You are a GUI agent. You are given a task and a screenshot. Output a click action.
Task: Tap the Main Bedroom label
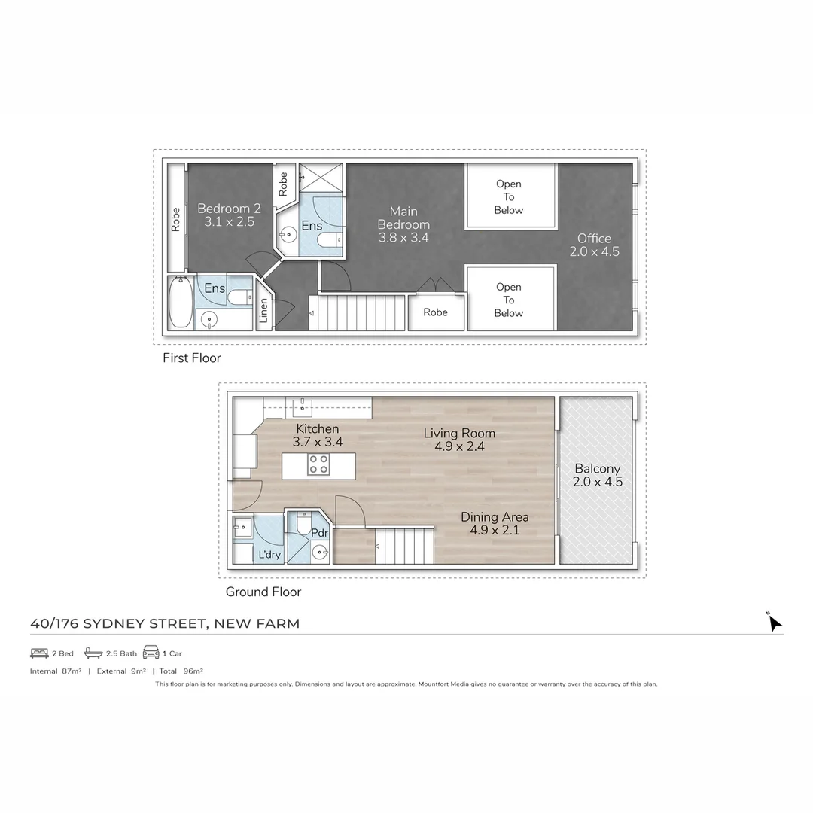click(403, 224)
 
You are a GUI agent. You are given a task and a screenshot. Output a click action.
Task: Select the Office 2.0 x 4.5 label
click(594, 245)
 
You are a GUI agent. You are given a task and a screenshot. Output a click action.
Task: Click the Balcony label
click(598, 475)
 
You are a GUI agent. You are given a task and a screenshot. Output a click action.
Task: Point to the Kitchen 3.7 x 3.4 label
click(317, 435)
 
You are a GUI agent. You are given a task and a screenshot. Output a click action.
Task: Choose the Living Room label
click(459, 439)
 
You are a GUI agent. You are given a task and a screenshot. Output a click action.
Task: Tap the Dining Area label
click(495, 523)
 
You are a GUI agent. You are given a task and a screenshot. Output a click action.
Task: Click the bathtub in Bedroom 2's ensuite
click(180, 303)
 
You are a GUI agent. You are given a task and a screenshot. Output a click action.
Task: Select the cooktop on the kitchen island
click(318, 465)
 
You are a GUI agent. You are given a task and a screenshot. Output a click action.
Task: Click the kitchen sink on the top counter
click(303, 407)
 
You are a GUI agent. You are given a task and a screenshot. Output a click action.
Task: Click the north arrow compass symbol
click(774, 623)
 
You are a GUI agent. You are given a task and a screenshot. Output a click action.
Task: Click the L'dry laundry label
click(269, 555)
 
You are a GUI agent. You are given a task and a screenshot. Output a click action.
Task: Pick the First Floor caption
click(192, 358)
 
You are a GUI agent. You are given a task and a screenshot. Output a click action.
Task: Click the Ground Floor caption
click(263, 592)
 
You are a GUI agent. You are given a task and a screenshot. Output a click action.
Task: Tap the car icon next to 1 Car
click(151, 652)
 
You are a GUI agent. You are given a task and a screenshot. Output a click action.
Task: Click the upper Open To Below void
click(509, 196)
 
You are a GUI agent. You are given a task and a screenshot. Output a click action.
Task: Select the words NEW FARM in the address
click(257, 623)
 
